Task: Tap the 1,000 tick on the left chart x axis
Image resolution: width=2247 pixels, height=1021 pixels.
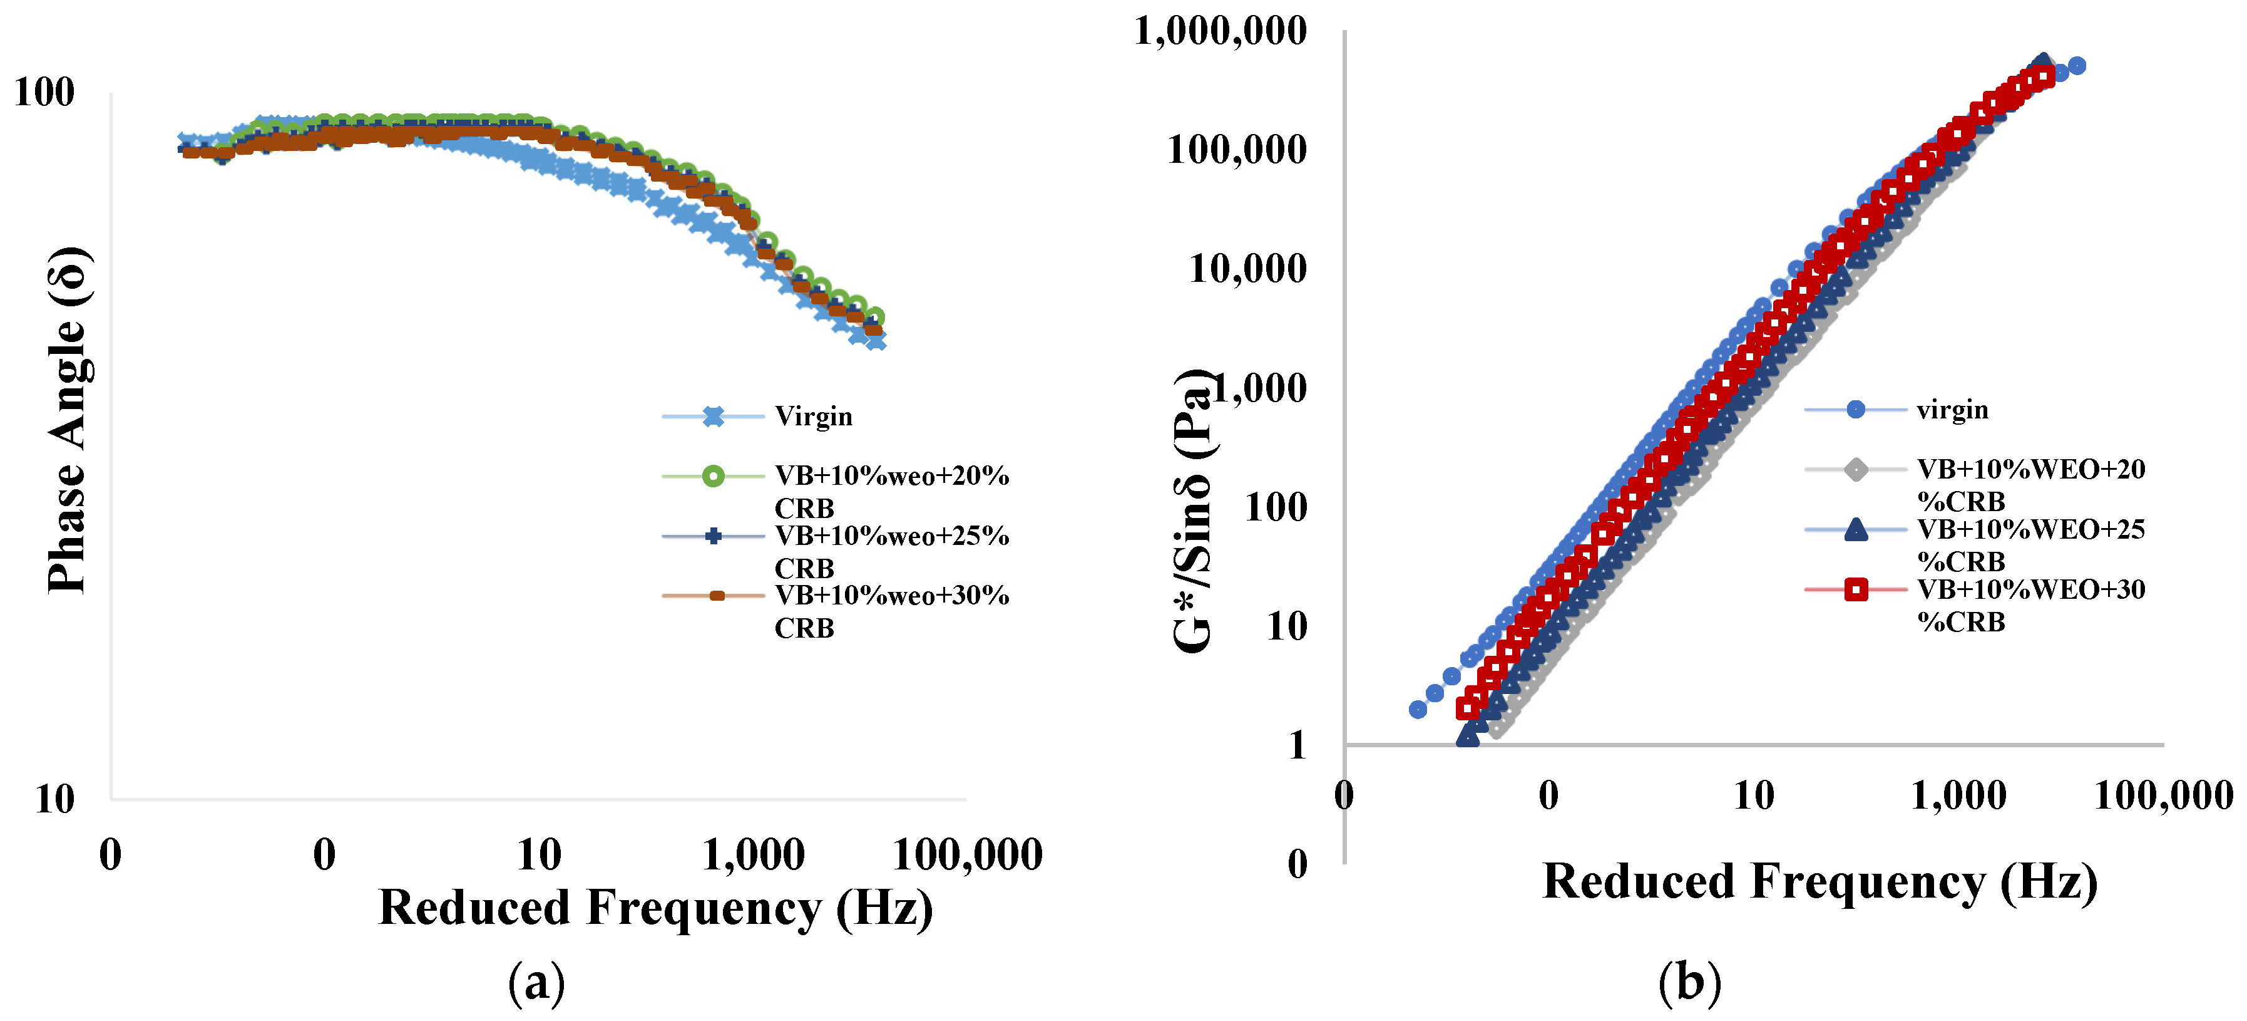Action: pyautogui.click(x=753, y=855)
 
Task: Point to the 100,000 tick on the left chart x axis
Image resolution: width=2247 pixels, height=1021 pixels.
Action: pyautogui.click(x=968, y=855)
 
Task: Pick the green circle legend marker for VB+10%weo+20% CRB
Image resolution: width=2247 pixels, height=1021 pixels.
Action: pyautogui.click(x=713, y=477)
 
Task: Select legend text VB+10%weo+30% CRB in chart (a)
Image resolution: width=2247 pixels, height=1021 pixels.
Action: pyautogui.click(x=891, y=611)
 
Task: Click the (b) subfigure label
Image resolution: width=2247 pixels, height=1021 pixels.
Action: pyautogui.click(x=1689, y=982)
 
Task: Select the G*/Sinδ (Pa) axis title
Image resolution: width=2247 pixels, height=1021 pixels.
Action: pyautogui.click(x=1193, y=511)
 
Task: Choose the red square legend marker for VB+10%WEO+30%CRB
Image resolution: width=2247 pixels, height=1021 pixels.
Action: pyautogui.click(x=1856, y=591)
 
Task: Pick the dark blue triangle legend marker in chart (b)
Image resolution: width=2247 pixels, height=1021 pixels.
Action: pyautogui.click(x=1856, y=530)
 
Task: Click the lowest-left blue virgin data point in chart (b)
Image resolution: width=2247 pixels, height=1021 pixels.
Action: pyautogui.click(x=1418, y=710)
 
